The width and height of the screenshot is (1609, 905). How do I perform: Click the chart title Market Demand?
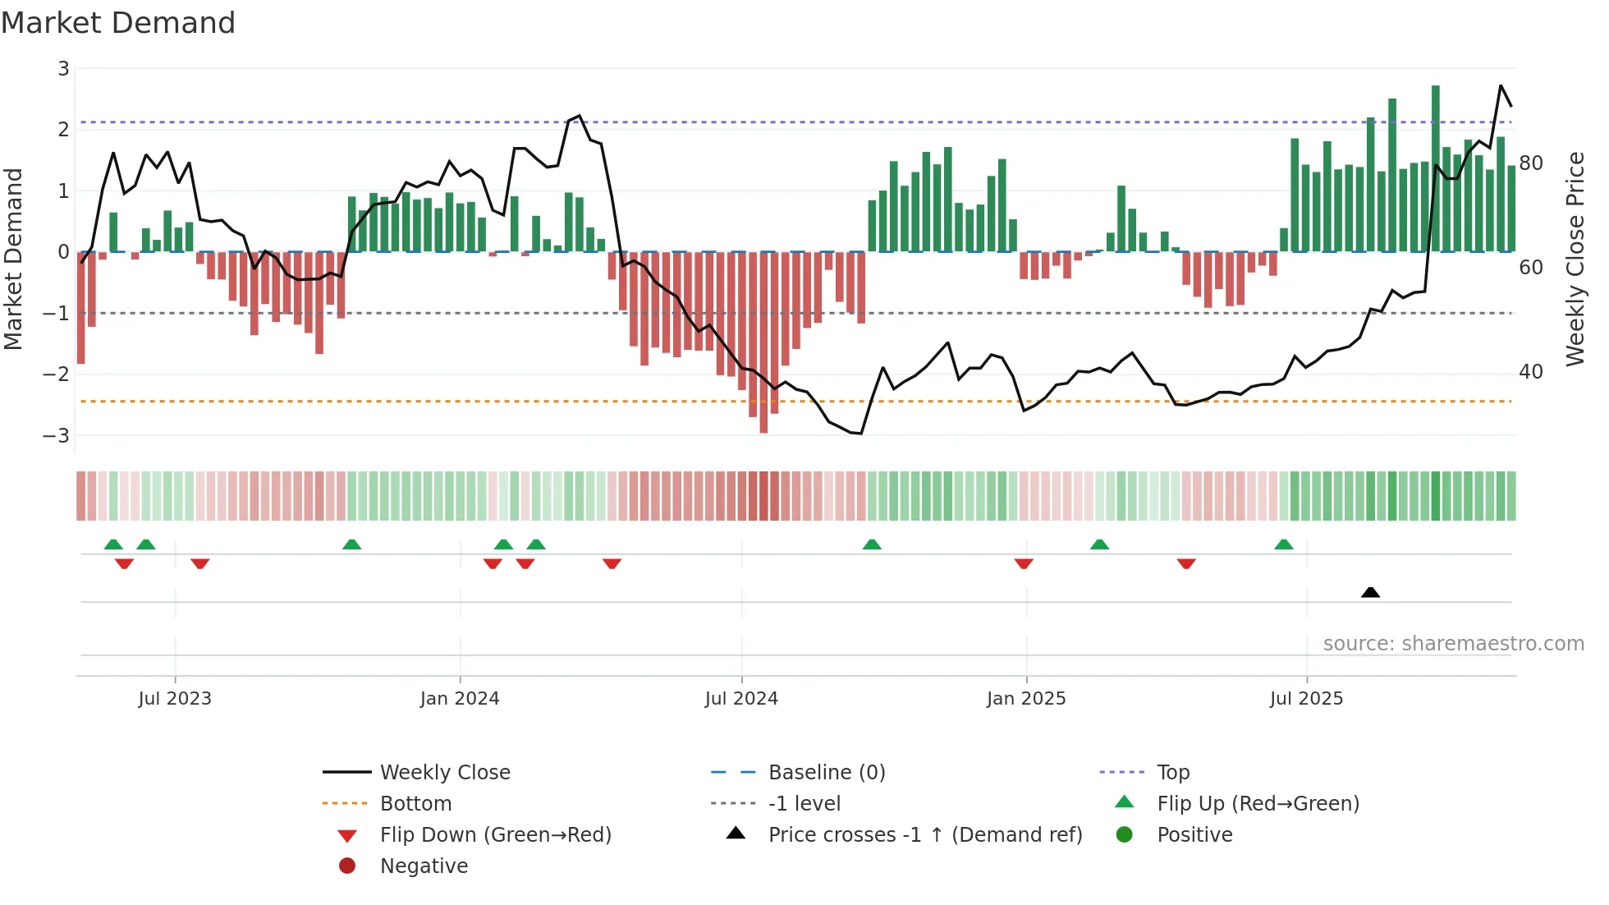click(x=118, y=23)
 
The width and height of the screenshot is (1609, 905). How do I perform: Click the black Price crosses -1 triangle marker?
click(x=1370, y=592)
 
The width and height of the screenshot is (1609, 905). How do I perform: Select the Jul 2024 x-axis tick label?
click(x=741, y=699)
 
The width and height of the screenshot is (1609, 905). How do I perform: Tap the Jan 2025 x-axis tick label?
click(x=1026, y=699)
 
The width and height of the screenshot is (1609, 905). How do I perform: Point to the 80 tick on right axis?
click(x=1531, y=163)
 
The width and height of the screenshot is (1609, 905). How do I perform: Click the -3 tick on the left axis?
click(x=57, y=435)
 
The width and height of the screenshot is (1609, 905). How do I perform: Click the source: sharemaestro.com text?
click(x=1453, y=644)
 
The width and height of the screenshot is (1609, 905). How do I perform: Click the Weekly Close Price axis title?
click(x=1575, y=259)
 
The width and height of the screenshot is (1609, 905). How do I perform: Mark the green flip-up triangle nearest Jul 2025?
click(x=1284, y=544)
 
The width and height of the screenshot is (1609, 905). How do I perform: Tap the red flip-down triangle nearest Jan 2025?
click(x=1024, y=563)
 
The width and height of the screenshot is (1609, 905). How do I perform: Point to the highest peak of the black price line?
click(x=1501, y=86)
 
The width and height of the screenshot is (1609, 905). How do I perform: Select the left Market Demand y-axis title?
click(x=14, y=259)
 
